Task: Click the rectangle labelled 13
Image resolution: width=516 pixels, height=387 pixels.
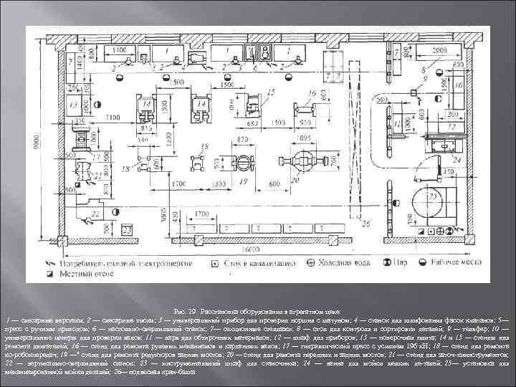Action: tap(75, 108)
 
